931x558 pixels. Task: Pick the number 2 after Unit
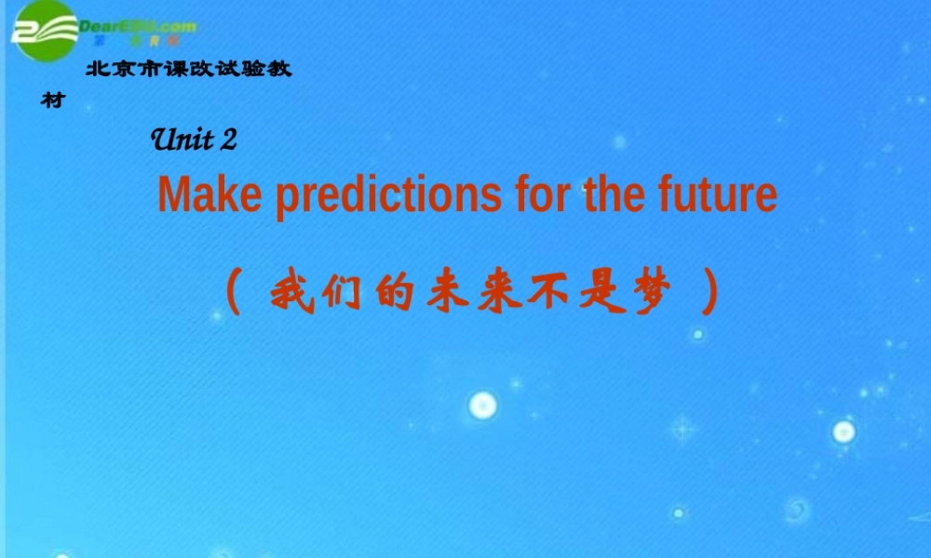tap(230, 139)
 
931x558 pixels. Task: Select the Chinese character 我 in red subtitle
tap(291, 294)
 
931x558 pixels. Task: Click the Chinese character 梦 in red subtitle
tap(651, 294)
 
